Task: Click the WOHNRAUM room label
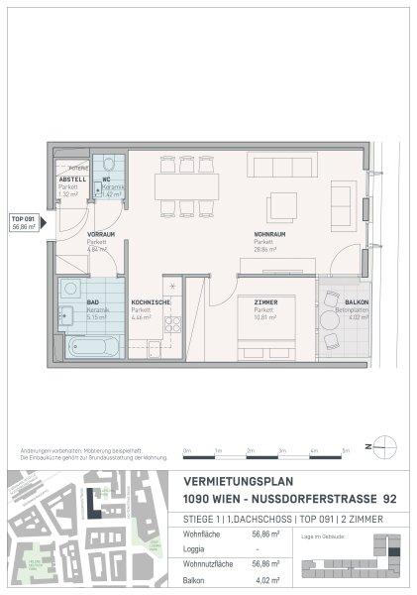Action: tap(263, 234)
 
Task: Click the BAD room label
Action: tap(66, 301)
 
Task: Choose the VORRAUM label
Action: tap(69, 234)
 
